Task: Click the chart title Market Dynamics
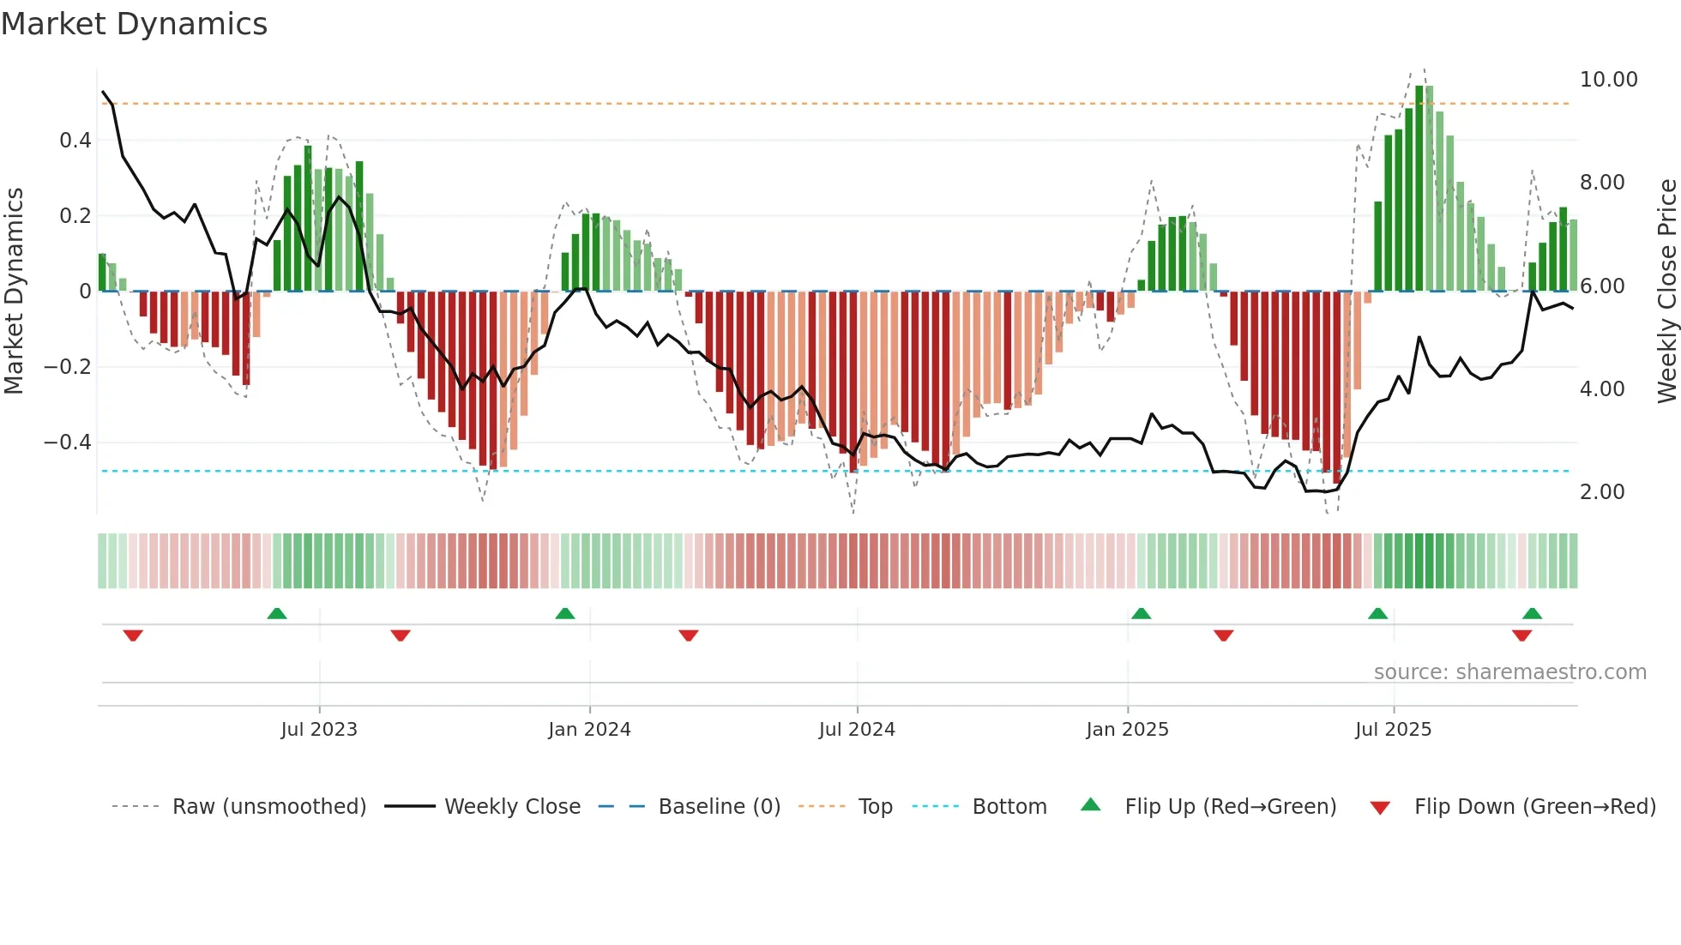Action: click(x=134, y=24)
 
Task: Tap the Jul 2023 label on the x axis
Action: click(x=319, y=730)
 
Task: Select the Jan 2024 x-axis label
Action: click(x=589, y=730)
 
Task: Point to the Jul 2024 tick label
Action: click(x=857, y=730)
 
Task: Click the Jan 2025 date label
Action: click(x=1127, y=730)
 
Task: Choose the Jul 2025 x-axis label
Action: click(x=1394, y=730)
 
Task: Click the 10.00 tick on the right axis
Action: click(x=1608, y=80)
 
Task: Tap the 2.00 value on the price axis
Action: click(x=1601, y=492)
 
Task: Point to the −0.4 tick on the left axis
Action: click(x=67, y=442)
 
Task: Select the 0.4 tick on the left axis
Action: click(x=75, y=141)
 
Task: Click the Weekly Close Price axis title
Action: click(x=1666, y=291)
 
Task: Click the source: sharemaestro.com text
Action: click(x=1509, y=672)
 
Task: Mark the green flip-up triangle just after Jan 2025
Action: click(x=1141, y=614)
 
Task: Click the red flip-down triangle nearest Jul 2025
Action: click(x=1521, y=635)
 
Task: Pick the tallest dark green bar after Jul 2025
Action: click(x=1419, y=189)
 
